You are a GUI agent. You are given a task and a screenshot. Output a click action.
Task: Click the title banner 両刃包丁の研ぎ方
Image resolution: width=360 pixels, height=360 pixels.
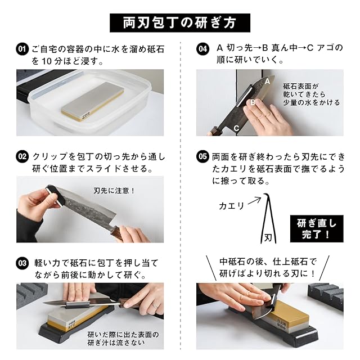click(x=180, y=22)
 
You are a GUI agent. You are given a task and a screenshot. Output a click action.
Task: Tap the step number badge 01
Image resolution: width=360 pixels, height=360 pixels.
click(x=22, y=49)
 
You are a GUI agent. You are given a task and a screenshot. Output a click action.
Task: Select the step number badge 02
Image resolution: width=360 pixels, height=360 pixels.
click(x=22, y=156)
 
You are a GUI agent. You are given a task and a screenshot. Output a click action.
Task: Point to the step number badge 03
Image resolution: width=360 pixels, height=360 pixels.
click(x=22, y=263)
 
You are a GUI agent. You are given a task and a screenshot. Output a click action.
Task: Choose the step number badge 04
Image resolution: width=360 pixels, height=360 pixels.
click(x=203, y=49)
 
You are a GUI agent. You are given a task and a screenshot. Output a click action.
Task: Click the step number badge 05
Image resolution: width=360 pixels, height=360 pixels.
click(x=203, y=156)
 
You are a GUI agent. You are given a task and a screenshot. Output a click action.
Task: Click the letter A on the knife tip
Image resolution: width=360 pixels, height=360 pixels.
click(x=267, y=81)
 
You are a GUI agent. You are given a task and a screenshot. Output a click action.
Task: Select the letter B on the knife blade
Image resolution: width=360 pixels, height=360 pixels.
click(x=253, y=102)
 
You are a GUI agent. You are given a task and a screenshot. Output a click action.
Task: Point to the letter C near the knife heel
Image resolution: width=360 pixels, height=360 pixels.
click(x=236, y=128)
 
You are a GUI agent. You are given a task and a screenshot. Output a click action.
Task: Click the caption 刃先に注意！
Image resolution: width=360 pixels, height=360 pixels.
click(x=114, y=191)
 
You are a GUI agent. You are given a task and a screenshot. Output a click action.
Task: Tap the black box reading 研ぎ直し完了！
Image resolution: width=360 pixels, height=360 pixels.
click(x=317, y=229)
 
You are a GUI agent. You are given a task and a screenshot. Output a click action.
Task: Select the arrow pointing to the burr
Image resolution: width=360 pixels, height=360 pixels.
click(x=255, y=200)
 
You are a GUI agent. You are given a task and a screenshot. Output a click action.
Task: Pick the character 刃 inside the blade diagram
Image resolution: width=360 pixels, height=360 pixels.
click(x=268, y=238)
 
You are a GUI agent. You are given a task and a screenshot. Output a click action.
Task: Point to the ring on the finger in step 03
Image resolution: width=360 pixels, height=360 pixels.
click(x=156, y=306)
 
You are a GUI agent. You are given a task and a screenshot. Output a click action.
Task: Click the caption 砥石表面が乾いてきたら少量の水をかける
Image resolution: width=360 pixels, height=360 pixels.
click(x=311, y=94)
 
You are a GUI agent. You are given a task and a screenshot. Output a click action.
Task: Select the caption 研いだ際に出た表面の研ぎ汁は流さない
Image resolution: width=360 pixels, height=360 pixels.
click(x=123, y=339)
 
